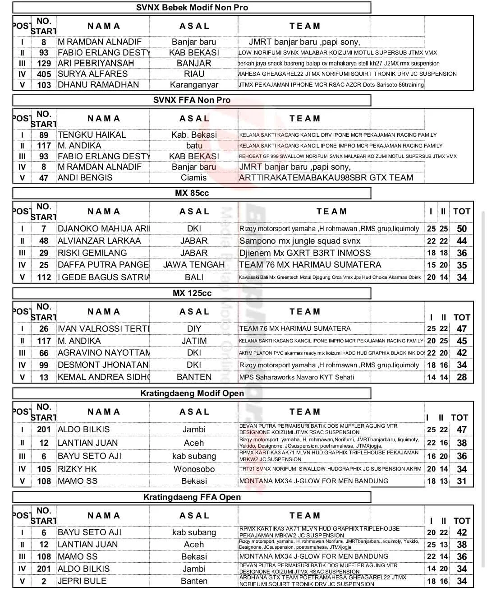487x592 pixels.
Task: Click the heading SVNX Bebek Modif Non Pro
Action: click(192, 8)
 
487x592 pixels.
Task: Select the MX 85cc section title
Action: click(192, 193)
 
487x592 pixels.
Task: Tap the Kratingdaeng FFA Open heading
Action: click(192, 497)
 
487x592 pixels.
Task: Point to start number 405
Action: click(44, 74)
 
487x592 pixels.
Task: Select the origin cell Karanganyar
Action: click(194, 85)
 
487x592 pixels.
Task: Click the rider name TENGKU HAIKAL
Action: click(92, 135)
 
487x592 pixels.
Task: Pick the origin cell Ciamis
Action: click(194, 178)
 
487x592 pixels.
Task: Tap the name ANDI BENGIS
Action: click(85, 178)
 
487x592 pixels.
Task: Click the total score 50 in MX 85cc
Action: click(462, 229)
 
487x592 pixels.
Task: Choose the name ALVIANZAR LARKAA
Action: click(99, 241)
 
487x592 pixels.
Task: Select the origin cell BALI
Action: click(194, 277)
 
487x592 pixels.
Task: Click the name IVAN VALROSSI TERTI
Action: click(103, 329)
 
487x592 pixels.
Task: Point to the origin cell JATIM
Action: click(194, 341)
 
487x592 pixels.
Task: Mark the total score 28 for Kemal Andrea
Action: click(462, 377)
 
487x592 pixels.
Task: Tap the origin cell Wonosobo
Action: click(194, 469)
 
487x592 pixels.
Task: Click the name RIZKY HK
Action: click(77, 469)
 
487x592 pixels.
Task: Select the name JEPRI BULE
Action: click(82, 581)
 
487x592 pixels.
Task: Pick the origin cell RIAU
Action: click(194, 74)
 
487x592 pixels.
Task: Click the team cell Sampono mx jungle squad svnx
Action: click(300, 241)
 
